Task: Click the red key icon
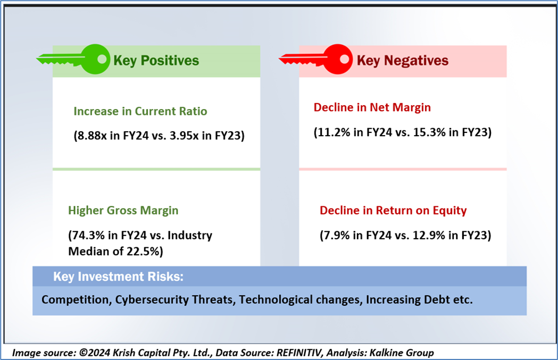point(316,60)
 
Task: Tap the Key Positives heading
point(156,61)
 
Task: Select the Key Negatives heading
point(403,61)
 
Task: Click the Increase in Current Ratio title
point(140,111)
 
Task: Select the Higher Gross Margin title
point(123,210)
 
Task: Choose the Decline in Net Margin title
point(372,107)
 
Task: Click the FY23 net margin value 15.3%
point(429,132)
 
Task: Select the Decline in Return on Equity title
point(393,210)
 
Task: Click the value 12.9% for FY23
point(429,235)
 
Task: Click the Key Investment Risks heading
point(118,277)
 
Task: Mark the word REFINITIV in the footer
point(299,353)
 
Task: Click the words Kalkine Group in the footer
point(402,353)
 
